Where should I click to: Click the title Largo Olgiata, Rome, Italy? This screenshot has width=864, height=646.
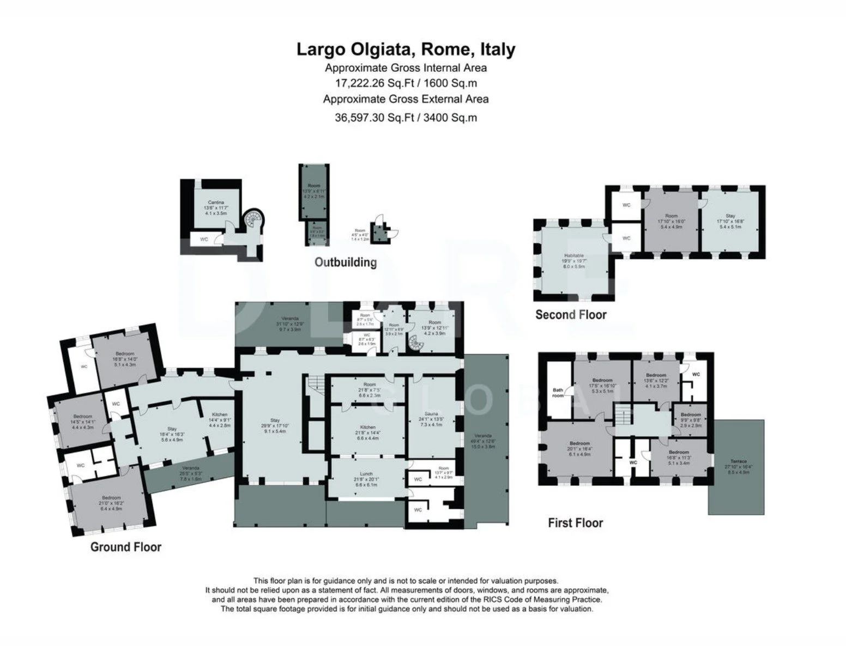tap(406, 50)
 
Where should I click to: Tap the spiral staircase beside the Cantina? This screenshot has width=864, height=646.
tap(253, 220)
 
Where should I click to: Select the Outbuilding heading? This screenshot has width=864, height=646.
tap(346, 262)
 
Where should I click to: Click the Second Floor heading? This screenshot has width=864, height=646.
tap(571, 314)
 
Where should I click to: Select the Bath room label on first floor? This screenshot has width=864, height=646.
tap(558, 392)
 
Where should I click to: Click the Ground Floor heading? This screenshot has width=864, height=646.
tap(126, 546)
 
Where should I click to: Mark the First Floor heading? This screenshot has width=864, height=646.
tap(575, 523)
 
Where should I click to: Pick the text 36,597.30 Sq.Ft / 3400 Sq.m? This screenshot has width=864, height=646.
tap(406, 117)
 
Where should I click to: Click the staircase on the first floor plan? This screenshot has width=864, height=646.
tap(623, 417)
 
